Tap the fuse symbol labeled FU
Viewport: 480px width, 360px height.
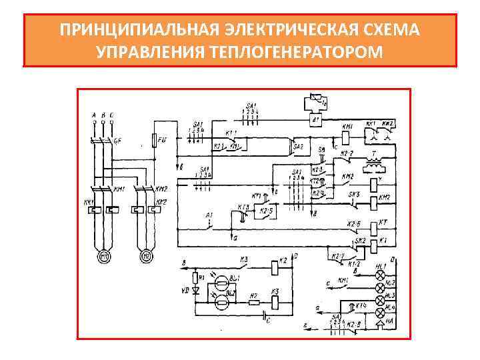[155, 141]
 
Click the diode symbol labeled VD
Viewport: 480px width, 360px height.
[195, 291]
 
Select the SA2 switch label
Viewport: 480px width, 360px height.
[299, 147]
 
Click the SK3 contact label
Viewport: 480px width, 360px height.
[354, 194]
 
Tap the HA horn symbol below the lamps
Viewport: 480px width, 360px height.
[381, 325]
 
